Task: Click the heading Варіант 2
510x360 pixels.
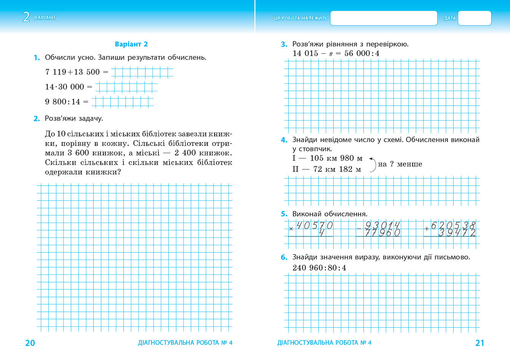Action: [x=131, y=44]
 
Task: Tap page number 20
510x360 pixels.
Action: [x=30, y=343]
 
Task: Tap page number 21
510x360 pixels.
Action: [x=480, y=343]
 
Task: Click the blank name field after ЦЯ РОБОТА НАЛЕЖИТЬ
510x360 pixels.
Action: [x=383, y=18]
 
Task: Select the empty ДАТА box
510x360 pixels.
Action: [x=474, y=18]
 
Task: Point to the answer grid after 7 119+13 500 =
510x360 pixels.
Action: [x=142, y=72]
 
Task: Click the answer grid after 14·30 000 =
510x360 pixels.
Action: [x=126, y=87]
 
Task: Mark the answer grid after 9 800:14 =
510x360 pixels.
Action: [x=123, y=102]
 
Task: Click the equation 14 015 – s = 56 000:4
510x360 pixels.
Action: [x=336, y=53]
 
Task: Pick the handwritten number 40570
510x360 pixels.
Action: [x=314, y=226]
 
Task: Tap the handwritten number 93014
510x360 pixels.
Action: [x=382, y=226]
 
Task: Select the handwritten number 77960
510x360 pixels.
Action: [x=382, y=232]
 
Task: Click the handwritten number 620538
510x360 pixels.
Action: [x=453, y=226]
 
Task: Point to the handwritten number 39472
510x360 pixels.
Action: [x=457, y=232]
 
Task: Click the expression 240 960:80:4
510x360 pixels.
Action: [x=319, y=268]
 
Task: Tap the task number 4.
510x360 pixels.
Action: [x=284, y=140]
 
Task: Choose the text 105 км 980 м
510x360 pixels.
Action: [x=336, y=158]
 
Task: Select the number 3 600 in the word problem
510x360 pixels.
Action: [x=78, y=153]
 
